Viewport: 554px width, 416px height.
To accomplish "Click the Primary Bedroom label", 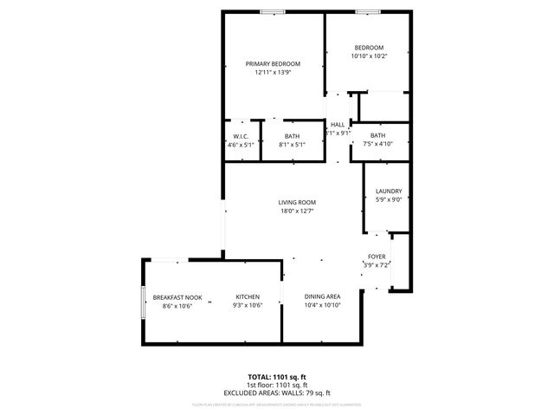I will point(273,64).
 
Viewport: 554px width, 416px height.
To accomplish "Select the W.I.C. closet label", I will point(242,137).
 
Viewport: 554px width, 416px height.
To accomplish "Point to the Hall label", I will point(338,125).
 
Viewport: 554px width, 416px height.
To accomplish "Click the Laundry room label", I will point(388,192).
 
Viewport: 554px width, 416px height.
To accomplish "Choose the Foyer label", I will point(377,257).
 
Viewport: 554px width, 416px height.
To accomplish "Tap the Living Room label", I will point(296,202).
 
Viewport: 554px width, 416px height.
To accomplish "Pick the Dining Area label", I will point(322,297).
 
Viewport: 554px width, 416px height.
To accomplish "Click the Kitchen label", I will point(248,297).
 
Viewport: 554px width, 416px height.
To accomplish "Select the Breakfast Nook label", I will point(177,297).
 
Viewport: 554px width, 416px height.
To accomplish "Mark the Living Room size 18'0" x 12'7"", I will point(296,211).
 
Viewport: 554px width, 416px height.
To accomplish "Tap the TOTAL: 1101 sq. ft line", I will point(277,377).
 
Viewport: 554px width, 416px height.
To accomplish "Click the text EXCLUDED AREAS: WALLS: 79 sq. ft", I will point(277,393).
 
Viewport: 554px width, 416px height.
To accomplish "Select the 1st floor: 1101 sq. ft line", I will point(277,385).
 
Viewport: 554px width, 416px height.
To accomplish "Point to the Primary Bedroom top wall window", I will point(274,11).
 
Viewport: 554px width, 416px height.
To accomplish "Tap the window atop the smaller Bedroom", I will point(367,11).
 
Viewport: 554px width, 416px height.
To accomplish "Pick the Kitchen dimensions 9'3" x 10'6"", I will point(248,306).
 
